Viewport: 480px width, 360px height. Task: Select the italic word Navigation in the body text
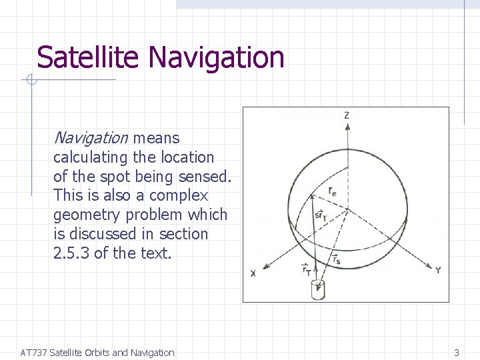[90, 138]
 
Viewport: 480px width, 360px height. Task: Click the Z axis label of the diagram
[347, 116]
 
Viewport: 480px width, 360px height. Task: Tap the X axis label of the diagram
[253, 273]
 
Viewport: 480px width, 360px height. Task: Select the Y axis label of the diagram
[437, 270]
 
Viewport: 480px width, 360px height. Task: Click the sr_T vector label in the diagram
[321, 215]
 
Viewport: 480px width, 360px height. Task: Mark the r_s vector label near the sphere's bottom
[335, 259]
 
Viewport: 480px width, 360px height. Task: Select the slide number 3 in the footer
[457, 353]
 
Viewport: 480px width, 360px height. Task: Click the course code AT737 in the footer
[33, 353]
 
